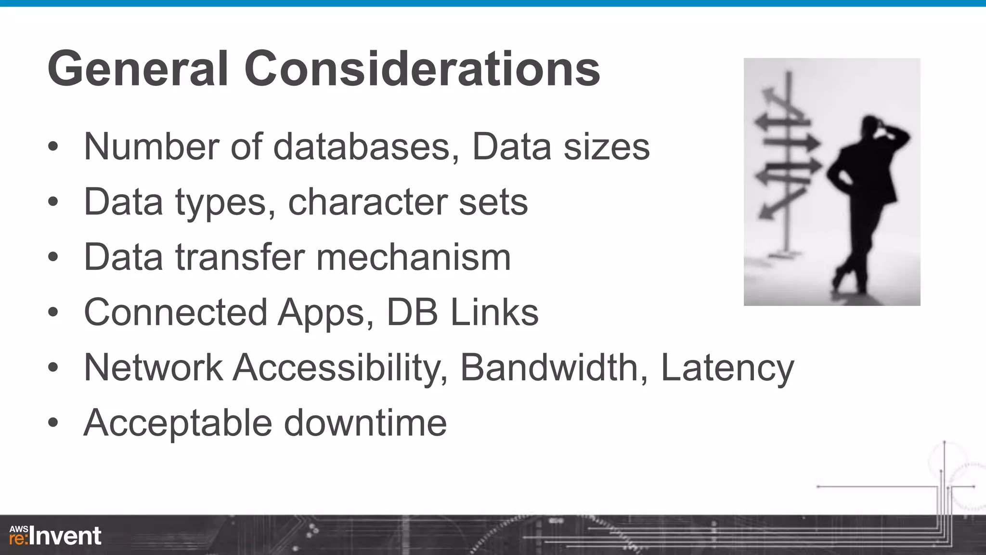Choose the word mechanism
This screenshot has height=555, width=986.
[x=414, y=257]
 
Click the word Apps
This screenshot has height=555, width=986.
[x=325, y=313]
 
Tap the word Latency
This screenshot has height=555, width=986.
[x=727, y=369]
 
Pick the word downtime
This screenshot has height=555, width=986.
[x=365, y=423]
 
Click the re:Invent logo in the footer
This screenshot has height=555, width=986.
[x=55, y=536]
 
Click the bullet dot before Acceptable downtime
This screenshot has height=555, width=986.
[x=53, y=423]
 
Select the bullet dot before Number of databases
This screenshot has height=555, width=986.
[x=53, y=146]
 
